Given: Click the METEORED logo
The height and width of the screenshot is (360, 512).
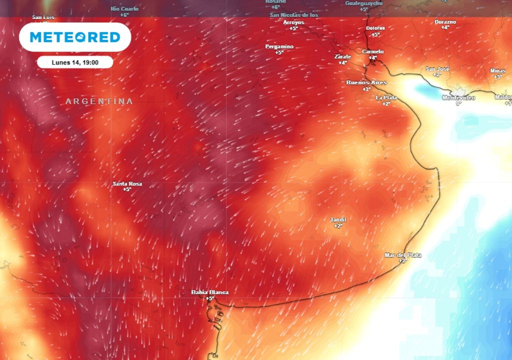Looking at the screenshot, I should click(75, 37).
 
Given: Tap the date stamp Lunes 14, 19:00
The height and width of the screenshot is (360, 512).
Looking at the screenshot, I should click(75, 62).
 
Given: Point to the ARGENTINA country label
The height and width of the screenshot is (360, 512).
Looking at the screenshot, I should click(99, 101).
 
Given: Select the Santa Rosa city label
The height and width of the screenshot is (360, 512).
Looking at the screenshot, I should click(127, 184).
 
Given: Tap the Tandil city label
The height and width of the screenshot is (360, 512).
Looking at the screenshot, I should click(338, 220).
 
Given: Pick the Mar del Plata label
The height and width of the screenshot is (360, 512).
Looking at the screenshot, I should click(402, 255).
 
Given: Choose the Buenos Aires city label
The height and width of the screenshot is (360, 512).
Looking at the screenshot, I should click(366, 82).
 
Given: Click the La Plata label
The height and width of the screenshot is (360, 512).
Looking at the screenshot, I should click(386, 97).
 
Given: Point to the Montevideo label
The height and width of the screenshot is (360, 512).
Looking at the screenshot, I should click(458, 97).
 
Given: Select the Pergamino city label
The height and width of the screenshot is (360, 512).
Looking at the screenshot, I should click(279, 46).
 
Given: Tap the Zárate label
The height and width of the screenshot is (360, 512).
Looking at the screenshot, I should click(342, 56).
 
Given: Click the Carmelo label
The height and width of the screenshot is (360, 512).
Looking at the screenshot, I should click(372, 51).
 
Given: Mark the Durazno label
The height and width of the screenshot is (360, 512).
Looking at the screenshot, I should click(445, 22).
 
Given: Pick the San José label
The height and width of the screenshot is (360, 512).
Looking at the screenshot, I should click(437, 68).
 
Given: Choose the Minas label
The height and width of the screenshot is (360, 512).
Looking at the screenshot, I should click(498, 70).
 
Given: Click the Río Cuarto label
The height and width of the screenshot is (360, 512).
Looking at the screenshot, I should click(124, 9).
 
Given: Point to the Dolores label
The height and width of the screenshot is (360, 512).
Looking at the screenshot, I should click(375, 28).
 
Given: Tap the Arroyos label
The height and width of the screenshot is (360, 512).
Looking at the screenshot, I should click(293, 22).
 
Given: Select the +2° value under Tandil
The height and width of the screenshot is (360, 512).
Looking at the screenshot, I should click(338, 226).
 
